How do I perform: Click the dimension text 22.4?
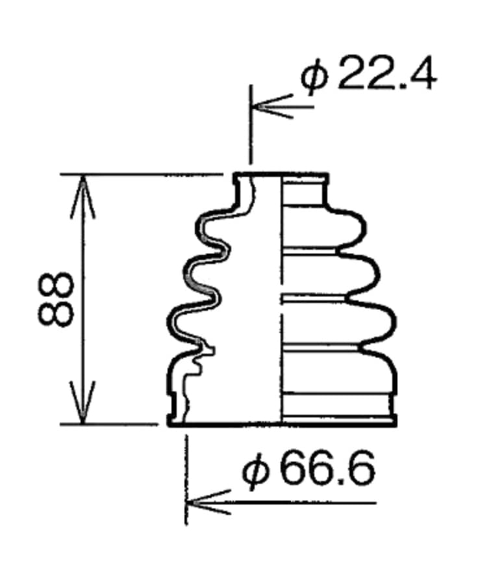click(x=386, y=74)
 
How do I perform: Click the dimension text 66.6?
click(x=327, y=468)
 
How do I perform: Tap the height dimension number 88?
click(x=56, y=299)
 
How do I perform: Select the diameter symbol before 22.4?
click(x=314, y=78)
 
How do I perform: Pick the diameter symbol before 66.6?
click(x=256, y=471)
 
